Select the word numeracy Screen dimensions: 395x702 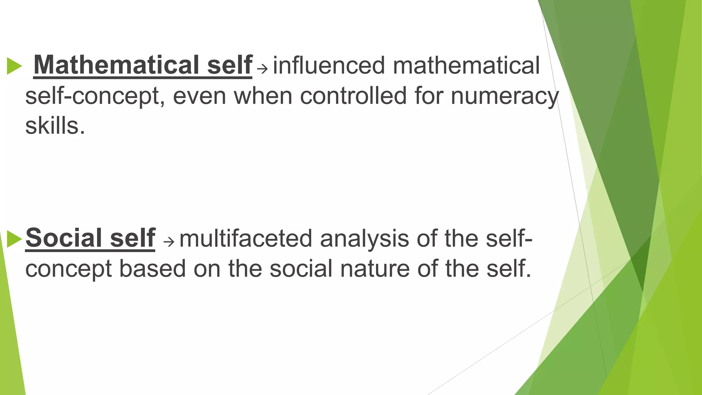tap(505, 96)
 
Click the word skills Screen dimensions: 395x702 tap(55, 125)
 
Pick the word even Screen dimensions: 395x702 tap(199, 96)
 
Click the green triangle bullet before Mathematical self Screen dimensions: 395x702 tap(14, 66)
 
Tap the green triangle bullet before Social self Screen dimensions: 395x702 tap(14, 239)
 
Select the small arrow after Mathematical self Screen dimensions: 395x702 tap(262, 69)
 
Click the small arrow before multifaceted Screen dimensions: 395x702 tap(169, 242)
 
